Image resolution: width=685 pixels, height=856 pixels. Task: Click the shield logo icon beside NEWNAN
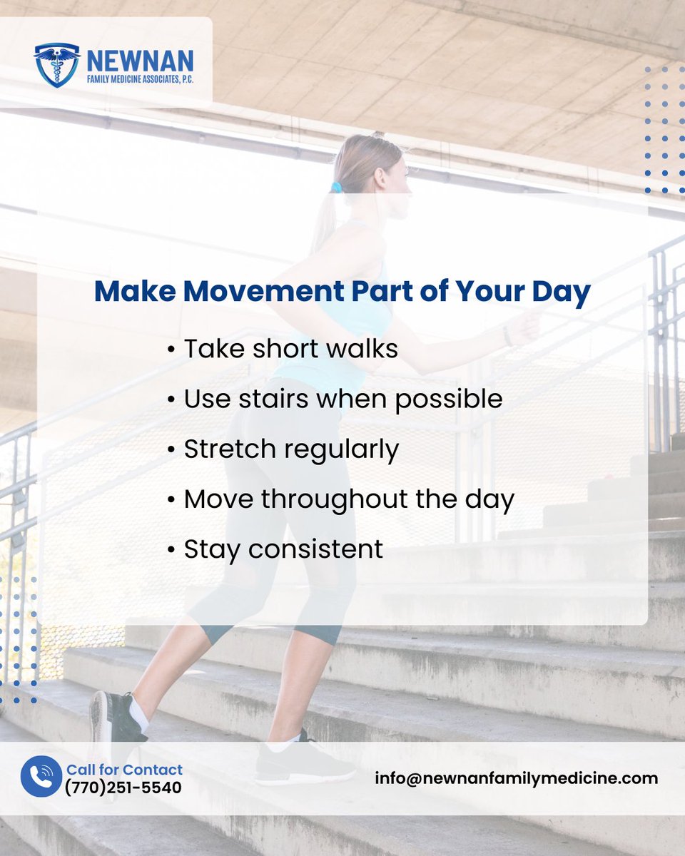click(x=57, y=65)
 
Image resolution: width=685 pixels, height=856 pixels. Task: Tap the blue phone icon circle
click(x=41, y=777)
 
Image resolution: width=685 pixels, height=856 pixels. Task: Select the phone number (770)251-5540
click(x=123, y=788)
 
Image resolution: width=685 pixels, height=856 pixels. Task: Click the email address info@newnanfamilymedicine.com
click(x=517, y=778)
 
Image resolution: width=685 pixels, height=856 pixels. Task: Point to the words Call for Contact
click(x=124, y=770)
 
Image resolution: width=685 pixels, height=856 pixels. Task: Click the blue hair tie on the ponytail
click(x=336, y=188)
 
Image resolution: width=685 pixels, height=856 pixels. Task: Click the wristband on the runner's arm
click(x=507, y=335)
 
